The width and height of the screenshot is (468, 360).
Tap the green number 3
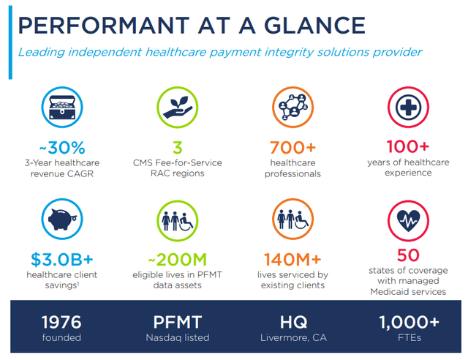(x=176, y=146)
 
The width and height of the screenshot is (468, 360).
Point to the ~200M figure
(x=175, y=258)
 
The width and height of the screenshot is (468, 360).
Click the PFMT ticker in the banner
(x=176, y=321)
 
